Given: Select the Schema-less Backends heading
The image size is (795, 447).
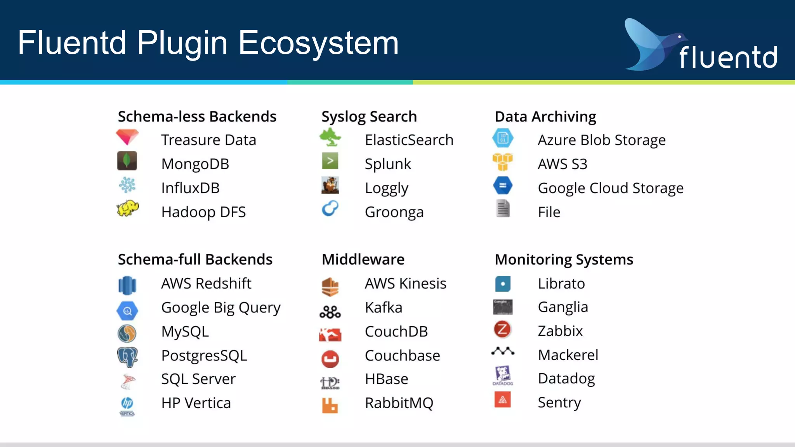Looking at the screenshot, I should point(197,116).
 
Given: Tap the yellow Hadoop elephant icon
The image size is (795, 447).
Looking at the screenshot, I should point(127,209).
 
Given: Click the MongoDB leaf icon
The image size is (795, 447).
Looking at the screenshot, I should point(127,161).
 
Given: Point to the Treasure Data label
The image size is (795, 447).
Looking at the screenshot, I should point(208,140).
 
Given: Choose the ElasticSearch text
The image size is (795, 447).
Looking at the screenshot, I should point(409,140).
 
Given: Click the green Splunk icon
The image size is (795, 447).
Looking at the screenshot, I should point(330,161).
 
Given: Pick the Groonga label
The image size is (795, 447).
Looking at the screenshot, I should point(394,212).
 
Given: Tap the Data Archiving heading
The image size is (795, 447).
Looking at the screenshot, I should point(545,116).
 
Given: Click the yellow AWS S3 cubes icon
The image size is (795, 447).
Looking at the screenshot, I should point(502,161).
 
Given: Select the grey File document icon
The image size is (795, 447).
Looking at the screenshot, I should point(503,208).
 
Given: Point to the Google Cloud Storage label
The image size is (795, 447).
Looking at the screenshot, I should point(610,188).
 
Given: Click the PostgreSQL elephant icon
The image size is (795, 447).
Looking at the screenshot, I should point(127,357).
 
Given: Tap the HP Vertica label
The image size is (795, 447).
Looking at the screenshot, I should point(196,403).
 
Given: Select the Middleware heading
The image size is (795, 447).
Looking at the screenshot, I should point(363,259).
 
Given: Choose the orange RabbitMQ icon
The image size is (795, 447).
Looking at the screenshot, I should point(330,405).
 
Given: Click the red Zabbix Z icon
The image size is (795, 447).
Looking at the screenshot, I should point(502,329).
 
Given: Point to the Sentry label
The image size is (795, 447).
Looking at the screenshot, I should point(559,402).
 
